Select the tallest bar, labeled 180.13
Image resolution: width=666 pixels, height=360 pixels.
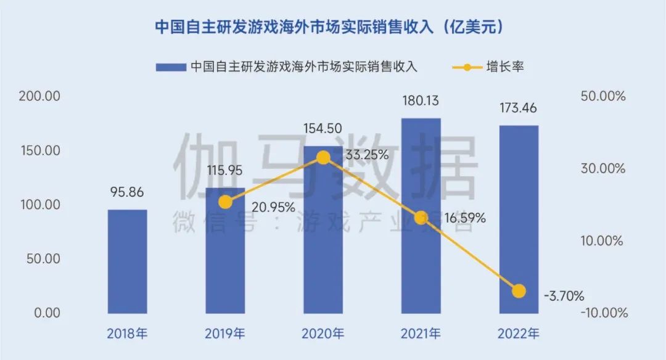421,215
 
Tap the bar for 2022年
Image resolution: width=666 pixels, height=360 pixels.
519,219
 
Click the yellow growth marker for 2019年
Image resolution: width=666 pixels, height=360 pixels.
226,202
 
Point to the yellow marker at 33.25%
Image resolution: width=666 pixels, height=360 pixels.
323,158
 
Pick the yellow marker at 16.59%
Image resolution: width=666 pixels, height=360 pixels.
421,218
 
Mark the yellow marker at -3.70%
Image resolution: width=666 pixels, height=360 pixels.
519,291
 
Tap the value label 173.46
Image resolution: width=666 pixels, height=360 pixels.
519,108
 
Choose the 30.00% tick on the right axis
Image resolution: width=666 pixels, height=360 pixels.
602,168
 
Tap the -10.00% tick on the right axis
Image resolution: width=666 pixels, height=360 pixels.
602,313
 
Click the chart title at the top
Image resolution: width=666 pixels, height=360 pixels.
333,27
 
